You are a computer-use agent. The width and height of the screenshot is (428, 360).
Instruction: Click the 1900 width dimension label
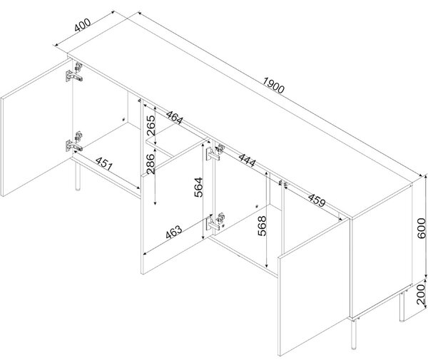tap(274, 85)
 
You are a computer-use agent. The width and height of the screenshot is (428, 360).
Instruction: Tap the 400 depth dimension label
tap(83, 25)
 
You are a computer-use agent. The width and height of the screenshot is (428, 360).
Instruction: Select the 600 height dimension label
tap(421, 228)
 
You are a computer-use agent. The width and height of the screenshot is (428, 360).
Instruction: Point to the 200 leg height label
tap(421, 294)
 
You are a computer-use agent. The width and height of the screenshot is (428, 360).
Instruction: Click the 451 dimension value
tap(104, 164)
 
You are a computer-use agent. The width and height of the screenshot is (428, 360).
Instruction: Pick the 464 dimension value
tap(175, 118)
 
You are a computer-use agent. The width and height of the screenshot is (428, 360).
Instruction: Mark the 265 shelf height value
tap(151, 125)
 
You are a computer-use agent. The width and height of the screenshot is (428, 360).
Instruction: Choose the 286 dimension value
tap(151, 164)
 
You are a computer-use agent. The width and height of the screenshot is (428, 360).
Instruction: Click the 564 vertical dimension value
tap(198, 187)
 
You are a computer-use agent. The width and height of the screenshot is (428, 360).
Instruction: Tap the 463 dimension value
tap(173, 232)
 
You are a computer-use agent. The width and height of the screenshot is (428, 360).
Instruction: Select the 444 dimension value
tap(248, 160)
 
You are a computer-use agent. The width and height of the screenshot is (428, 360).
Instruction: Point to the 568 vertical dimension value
tap(262, 226)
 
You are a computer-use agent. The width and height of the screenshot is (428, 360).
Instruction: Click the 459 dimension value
tap(317, 200)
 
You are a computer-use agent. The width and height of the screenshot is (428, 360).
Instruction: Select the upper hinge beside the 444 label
tap(215, 153)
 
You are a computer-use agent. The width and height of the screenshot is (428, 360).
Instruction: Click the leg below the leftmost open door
tap(78, 176)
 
